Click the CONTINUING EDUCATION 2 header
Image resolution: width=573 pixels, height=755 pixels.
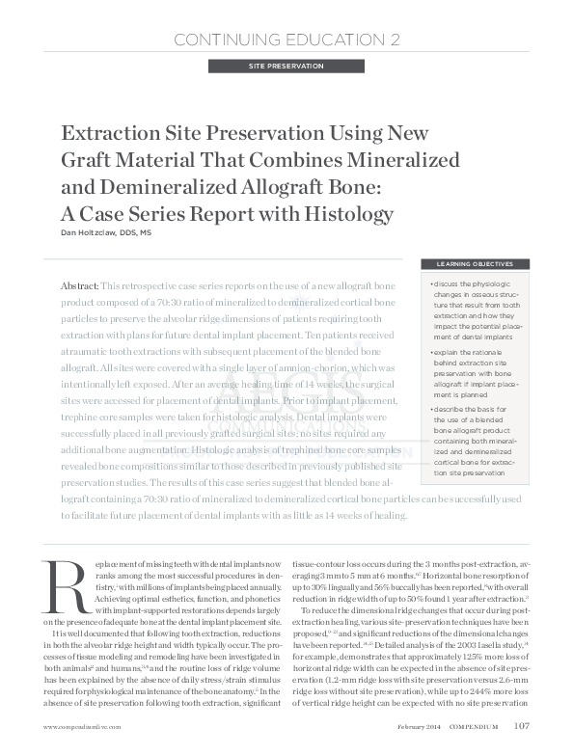click(286, 40)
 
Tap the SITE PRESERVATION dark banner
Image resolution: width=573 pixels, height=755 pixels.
click(286, 67)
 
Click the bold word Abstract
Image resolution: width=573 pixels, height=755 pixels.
click(79, 287)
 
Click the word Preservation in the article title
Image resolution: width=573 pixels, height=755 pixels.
click(258, 133)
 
